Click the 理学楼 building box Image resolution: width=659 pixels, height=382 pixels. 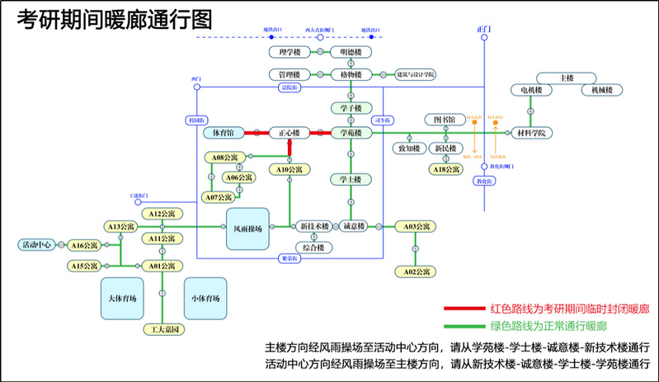[289, 52]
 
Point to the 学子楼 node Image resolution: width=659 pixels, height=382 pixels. [352, 107]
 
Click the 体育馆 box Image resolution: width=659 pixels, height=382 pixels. [224, 132]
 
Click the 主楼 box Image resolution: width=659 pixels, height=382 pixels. [566, 78]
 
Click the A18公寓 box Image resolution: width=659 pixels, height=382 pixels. [445, 169]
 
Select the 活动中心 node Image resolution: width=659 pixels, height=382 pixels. [36, 244]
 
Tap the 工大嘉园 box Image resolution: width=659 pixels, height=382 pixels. [162, 329]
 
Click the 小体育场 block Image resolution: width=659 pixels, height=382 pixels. [205, 297]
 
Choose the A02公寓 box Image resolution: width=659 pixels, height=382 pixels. [415, 271]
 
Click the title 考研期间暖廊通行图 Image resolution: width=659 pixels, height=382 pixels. [115, 18]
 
